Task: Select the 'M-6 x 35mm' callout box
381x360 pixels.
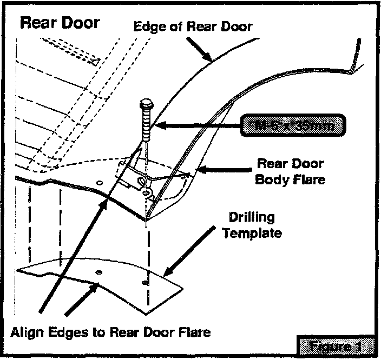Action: coord(294,126)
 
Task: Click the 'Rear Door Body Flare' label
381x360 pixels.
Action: coord(290,171)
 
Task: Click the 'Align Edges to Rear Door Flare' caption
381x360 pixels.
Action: coord(110,331)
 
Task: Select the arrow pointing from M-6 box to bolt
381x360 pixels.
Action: coord(195,127)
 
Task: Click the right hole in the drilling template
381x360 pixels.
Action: coord(146,283)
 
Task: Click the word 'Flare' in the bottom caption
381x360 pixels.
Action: coord(195,331)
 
